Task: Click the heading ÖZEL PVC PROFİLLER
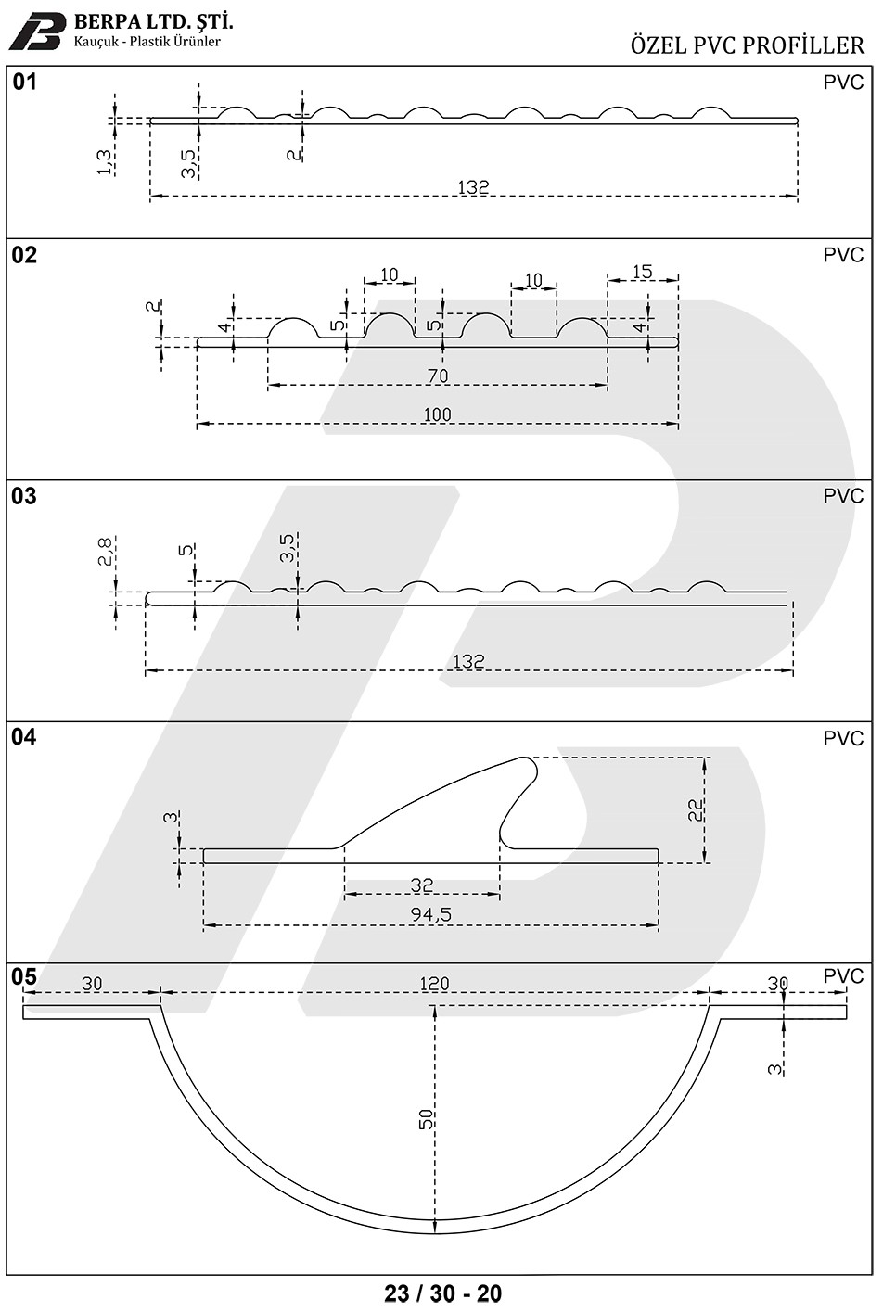pos(747,45)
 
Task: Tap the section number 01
pos(24,82)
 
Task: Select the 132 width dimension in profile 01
pos(473,187)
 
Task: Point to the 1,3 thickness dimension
pos(104,162)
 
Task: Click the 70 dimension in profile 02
pos(438,376)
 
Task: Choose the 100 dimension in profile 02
pos(437,414)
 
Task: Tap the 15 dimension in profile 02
pos(642,272)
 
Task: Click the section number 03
pos(24,496)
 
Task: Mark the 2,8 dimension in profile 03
pos(106,552)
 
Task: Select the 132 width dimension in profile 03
pos(468,661)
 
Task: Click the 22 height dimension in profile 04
pos(696,810)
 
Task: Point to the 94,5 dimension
pos(431,915)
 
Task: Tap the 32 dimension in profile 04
pos(422,885)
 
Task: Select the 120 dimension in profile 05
pos(434,984)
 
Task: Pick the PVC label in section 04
pos(843,739)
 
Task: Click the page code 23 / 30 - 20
pos(443,1293)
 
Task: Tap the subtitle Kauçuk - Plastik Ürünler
pos(147,42)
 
